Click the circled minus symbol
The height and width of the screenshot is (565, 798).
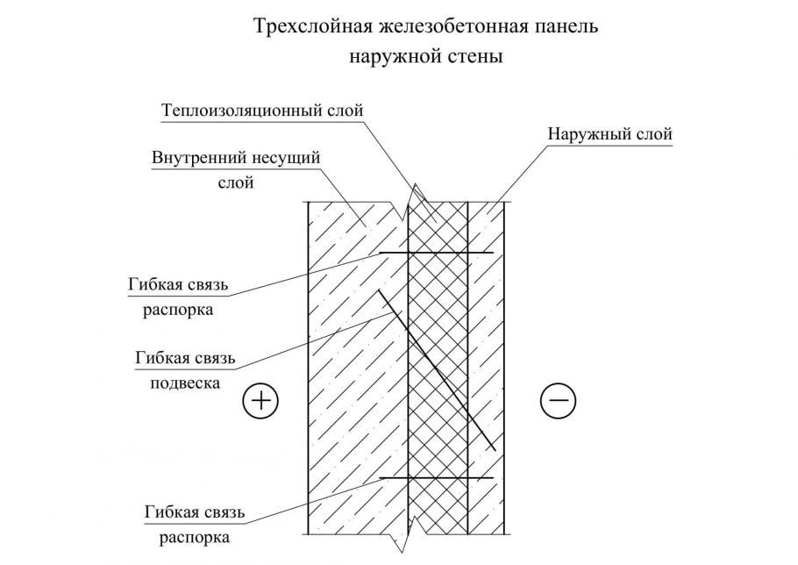[559, 401]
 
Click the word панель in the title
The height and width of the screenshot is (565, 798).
[530, 26]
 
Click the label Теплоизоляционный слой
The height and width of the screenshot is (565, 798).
[262, 111]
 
